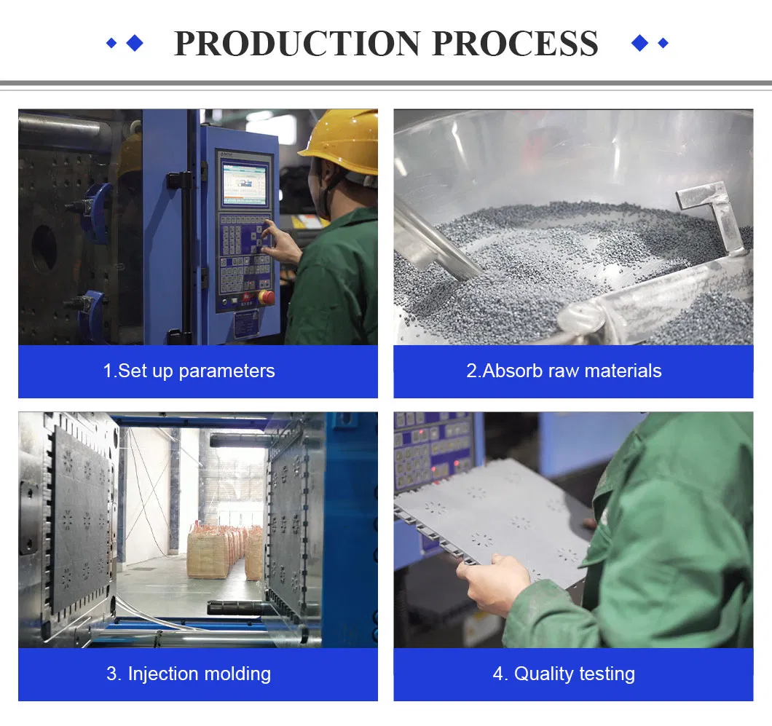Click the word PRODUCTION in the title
[x=298, y=44]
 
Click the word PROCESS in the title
[x=515, y=44]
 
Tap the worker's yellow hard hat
[x=343, y=141]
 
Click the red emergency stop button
[x=267, y=297]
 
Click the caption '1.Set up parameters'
[x=189, y=371]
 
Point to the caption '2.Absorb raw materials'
[x=564, y=371]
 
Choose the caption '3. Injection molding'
[x=189, y=674]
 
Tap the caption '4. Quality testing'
[x=564, y=674]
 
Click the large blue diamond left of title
[x=135, y=43]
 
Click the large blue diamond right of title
[x=639, y=43]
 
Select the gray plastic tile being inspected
[x=495, y=513]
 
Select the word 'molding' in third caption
[x=235, y=674]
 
